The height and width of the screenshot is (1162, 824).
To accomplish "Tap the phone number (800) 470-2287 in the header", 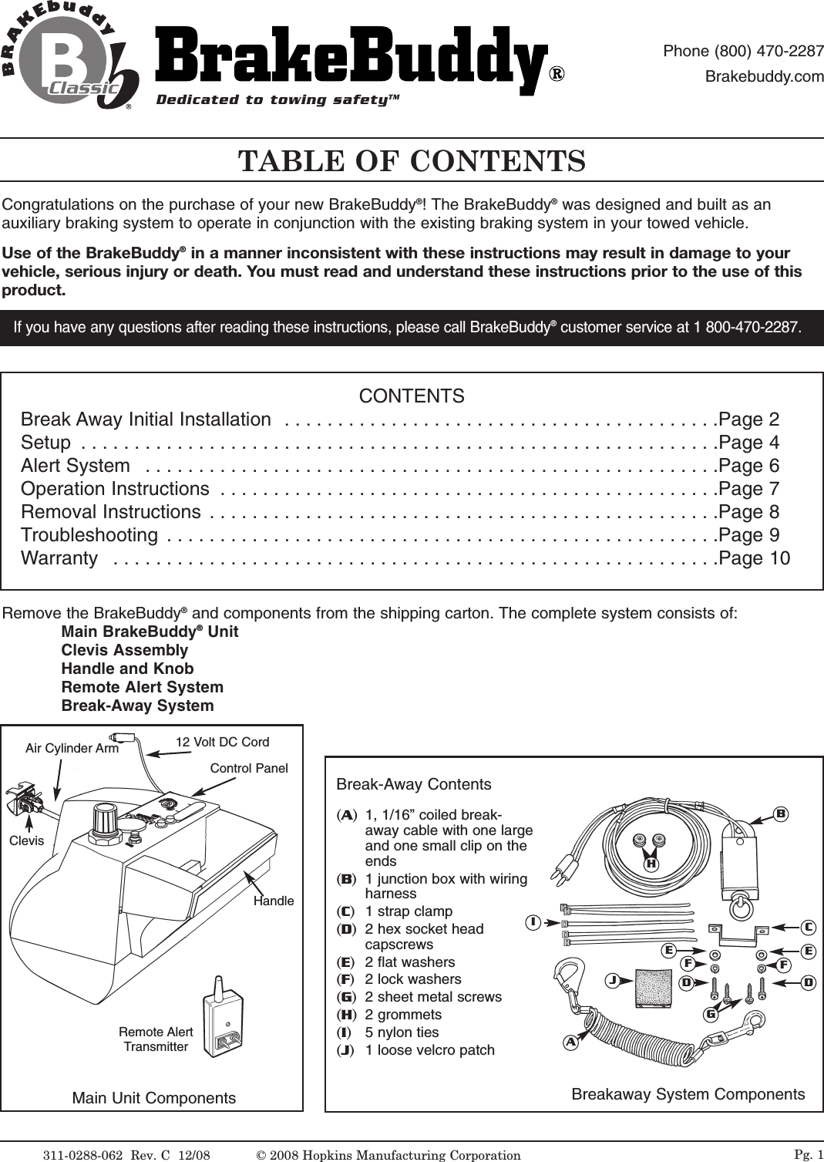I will click(x=743, y=52).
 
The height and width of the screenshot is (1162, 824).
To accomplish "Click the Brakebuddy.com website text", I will click(x=765, y=77).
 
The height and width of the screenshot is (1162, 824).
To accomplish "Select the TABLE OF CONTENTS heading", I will click(x=412, y=162).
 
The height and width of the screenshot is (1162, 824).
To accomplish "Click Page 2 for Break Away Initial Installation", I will click(x=748, y=419).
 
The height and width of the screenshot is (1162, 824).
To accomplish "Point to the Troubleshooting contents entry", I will click(x=89, y=535).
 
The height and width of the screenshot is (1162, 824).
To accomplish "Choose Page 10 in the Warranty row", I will click(x=754, y=558).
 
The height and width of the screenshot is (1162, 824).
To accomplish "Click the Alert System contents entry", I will click(x=76, y=466).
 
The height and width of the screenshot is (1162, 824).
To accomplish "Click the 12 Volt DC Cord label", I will click(x=222, y=742).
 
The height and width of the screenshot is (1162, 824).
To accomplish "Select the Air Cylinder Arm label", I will click(x=72, y=748).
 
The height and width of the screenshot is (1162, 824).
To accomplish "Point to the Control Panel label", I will click(x=249, y=768).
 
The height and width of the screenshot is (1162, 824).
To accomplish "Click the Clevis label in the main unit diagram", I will click(x=26, y=840).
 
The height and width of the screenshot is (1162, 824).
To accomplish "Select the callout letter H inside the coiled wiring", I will click(x=651, y=864).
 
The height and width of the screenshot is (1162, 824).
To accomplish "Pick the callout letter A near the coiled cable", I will click(x=571, y=1041).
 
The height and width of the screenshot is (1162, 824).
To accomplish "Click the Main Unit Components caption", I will click(x=153, y=1098).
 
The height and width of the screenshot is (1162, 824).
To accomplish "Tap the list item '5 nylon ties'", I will click(x=402, y=1032).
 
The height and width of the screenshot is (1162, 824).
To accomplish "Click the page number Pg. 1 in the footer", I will click(x=808, y=1154).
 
